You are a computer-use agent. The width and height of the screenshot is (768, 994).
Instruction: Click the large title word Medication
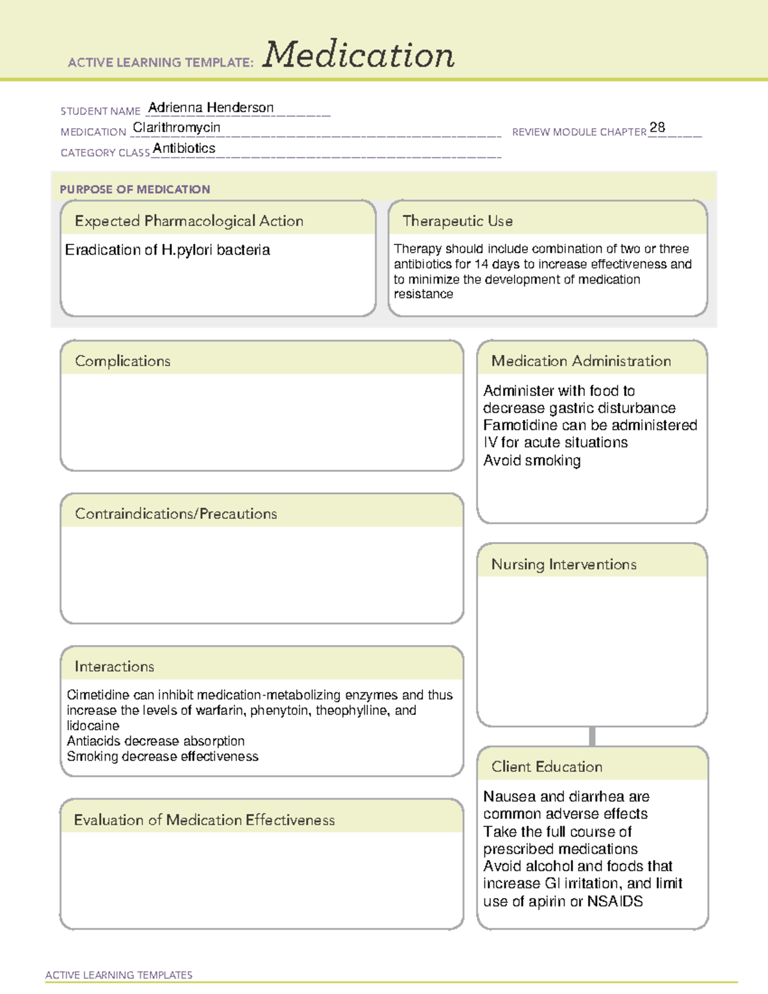click(x=358, y=55)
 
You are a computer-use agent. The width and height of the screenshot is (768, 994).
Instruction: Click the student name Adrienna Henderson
click(x=211, y=108)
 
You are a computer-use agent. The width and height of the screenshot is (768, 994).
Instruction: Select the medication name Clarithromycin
click(x=177, y=127)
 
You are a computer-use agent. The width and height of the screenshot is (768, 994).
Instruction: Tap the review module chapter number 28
click(x=657, y=127)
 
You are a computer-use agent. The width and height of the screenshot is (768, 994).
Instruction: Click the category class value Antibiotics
click(x=184, y=148)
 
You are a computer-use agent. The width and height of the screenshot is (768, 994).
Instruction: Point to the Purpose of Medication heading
click(x=135, y=189)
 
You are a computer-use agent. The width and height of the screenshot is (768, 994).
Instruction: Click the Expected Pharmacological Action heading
click(x=189, y=221)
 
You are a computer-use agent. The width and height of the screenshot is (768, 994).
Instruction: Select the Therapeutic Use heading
click(x=458, y=221)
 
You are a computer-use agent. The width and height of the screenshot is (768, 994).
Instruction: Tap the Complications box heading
click(x=123, y=361)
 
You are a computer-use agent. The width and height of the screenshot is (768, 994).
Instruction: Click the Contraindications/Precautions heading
click(x=176, y=514)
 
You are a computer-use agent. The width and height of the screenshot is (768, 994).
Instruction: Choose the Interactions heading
click(x=115, y=667)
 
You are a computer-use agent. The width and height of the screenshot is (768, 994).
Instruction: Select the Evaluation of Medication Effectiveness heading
click(x=204, y=820)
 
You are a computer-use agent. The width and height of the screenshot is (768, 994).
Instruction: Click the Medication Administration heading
click(x=581, y=361)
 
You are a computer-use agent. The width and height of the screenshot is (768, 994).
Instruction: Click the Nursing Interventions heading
click(x=564, y=565)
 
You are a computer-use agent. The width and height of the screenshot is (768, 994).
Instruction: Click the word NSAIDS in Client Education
click(x=615, y=902)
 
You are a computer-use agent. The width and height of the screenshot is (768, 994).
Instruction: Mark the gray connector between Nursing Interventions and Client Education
click(x=592, y=736)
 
